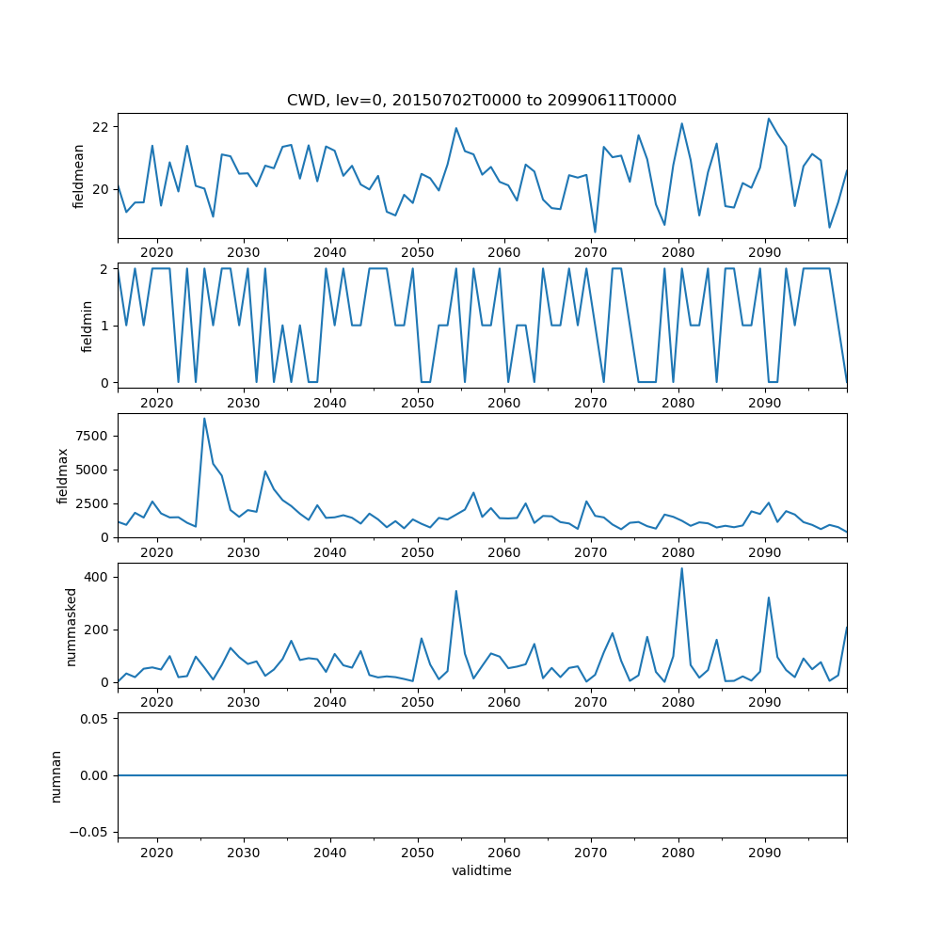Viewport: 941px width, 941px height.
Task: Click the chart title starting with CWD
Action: [482, 101]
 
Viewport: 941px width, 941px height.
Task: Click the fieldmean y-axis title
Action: [79, 176]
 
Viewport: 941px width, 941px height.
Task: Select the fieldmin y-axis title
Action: [87, 326]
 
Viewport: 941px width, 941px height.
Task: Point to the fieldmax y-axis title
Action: [63, 475]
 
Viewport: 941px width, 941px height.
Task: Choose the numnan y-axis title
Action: [56, 775]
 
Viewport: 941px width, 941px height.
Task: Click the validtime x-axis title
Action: [482, 871]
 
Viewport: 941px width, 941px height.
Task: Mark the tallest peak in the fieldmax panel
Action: [204, 419]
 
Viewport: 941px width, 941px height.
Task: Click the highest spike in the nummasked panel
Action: [681, 568]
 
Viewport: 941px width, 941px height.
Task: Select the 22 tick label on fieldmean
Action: [100, 127]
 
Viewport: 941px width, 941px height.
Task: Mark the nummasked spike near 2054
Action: [455, 592]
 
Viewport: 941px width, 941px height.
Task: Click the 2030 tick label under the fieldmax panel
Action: [243, 553]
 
